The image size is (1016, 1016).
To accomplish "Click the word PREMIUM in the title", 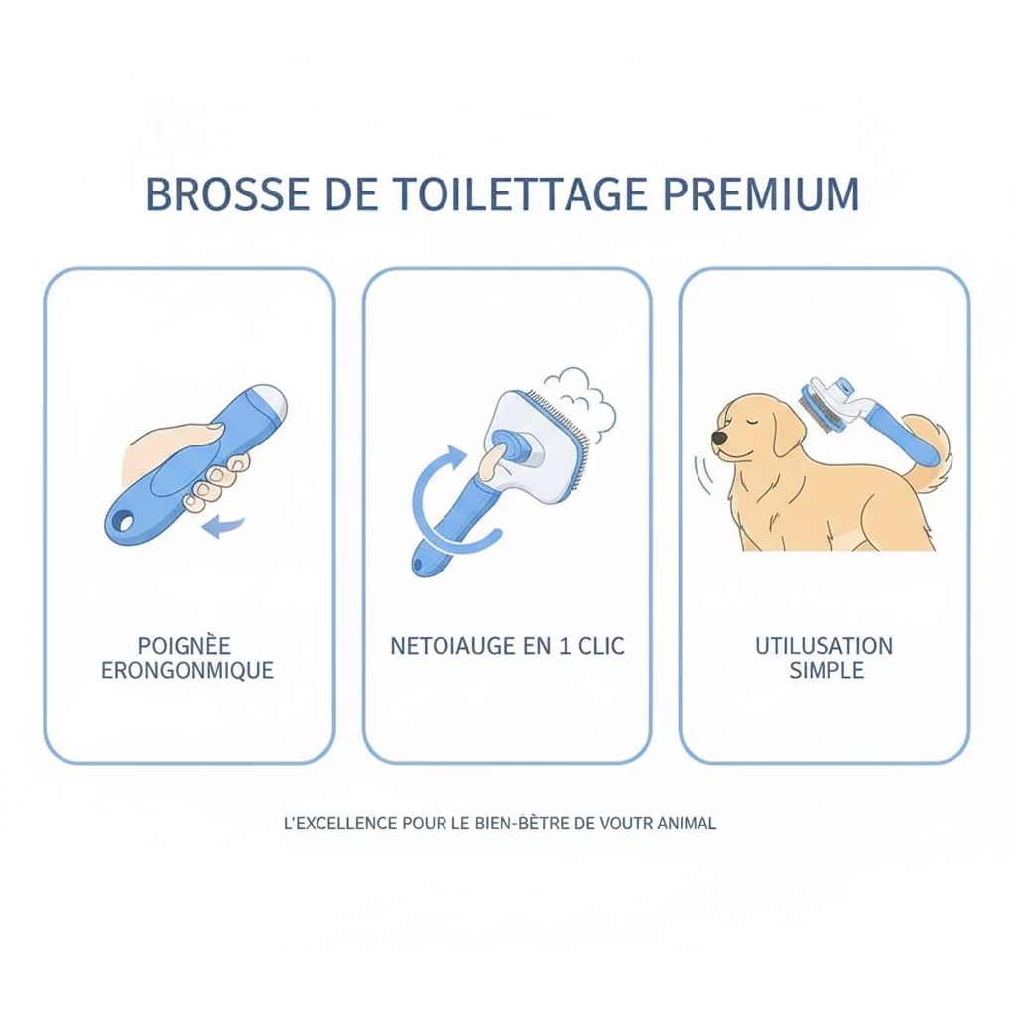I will click(760, 194).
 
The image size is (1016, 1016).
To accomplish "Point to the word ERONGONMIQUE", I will click(188, 671).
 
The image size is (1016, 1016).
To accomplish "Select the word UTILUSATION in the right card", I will click(824, 646).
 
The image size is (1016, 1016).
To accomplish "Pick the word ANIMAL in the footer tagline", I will click(686, 824).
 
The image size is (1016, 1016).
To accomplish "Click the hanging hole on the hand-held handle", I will click(125, 519).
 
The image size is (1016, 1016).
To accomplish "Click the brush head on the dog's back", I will click(816, 410).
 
